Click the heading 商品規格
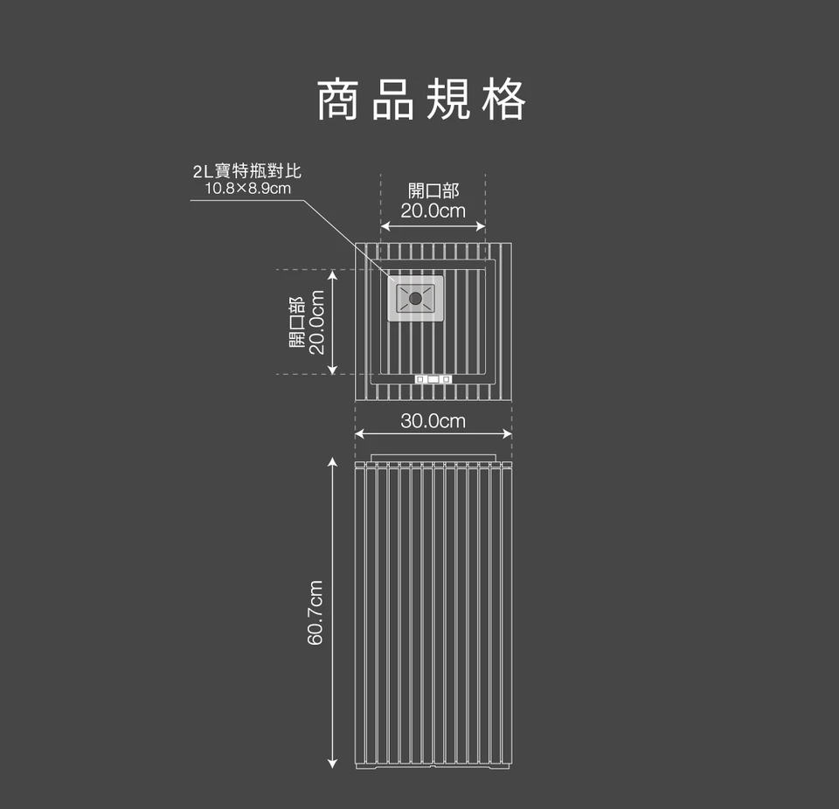click(x=420, y=99)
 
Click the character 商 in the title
click(x=337, y=99)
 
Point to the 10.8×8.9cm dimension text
click(x=246, y=188)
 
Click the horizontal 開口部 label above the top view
click(x=433, y=191)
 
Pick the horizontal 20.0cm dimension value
click(x=433, y=211)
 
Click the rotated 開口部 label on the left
click(x=297, y=322)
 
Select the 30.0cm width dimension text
click(x=433, y=421)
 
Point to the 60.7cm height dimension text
click(x=315, y=612)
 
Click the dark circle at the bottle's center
click(x=416, y=299)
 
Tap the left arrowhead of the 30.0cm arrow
click(x=358, y=434)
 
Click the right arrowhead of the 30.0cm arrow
click(x=509, y=434)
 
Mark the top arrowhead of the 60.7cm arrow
click(x=332, y=460)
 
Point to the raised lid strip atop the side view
click(x=433, y=458)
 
